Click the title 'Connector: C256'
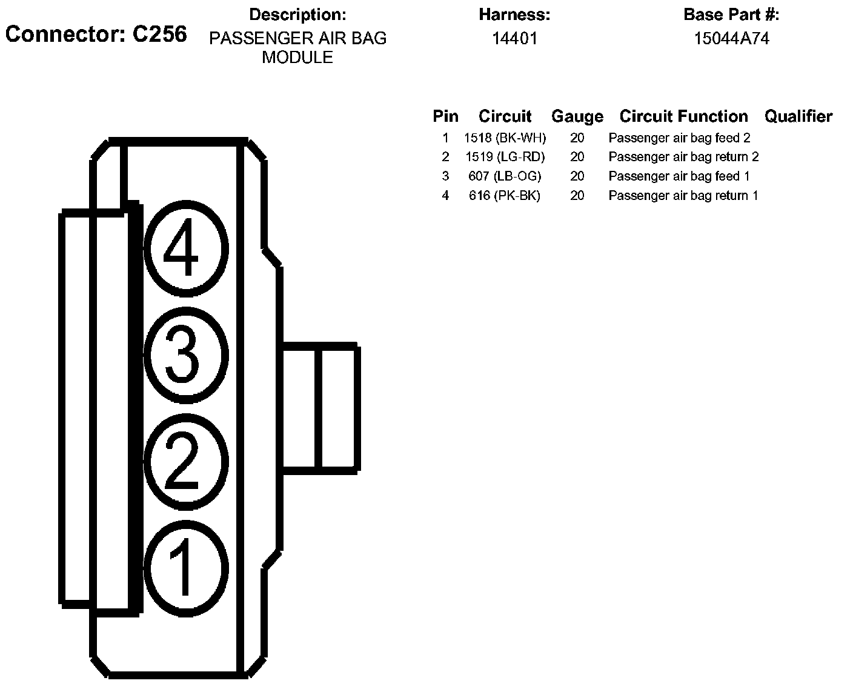click(x=96, y=35)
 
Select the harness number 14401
click(x=514, y=39)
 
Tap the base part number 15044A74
click(x=731, y=39)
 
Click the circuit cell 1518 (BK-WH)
click(x=505, y=138)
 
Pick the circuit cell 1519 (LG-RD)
click(x=505, y=157)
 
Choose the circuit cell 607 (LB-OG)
click(x=505, y=176)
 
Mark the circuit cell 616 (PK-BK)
click(x=505, y=196)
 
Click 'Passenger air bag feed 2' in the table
click(x=679, y=138)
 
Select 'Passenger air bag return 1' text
click(x=683, y=196)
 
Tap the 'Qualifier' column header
click(x=798, y=116)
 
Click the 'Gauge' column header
click(x=577, y=117)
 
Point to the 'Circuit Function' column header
click(x=683, y=116)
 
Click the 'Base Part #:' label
click(x=731, y=15)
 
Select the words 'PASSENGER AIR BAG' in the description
click(x=297, y=39)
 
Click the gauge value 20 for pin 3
click(x=577, y=176)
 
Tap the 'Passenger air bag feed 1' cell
click(x=679, y=176)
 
